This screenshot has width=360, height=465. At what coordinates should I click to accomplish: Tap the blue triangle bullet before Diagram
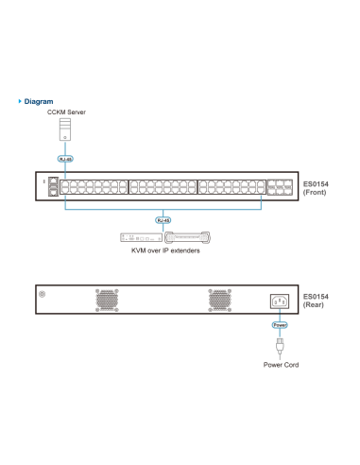(20, 101)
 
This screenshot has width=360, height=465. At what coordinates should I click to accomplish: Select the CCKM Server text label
(65, 112)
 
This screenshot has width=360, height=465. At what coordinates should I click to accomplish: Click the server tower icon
(65, 129)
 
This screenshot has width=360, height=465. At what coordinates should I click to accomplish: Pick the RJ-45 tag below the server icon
(64, 159)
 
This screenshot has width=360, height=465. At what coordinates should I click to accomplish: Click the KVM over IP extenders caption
(165, 251)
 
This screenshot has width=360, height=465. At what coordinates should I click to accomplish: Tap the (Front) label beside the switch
(314, 192)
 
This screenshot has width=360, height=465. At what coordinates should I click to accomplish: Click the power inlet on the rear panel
(279, 301)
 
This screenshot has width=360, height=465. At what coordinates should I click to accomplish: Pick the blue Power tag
(279, 325)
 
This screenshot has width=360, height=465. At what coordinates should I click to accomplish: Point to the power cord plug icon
(279, 346)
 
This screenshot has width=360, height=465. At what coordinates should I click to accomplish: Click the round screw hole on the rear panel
(43, 294)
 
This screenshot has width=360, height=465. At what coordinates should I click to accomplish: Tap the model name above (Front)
(314, 183)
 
